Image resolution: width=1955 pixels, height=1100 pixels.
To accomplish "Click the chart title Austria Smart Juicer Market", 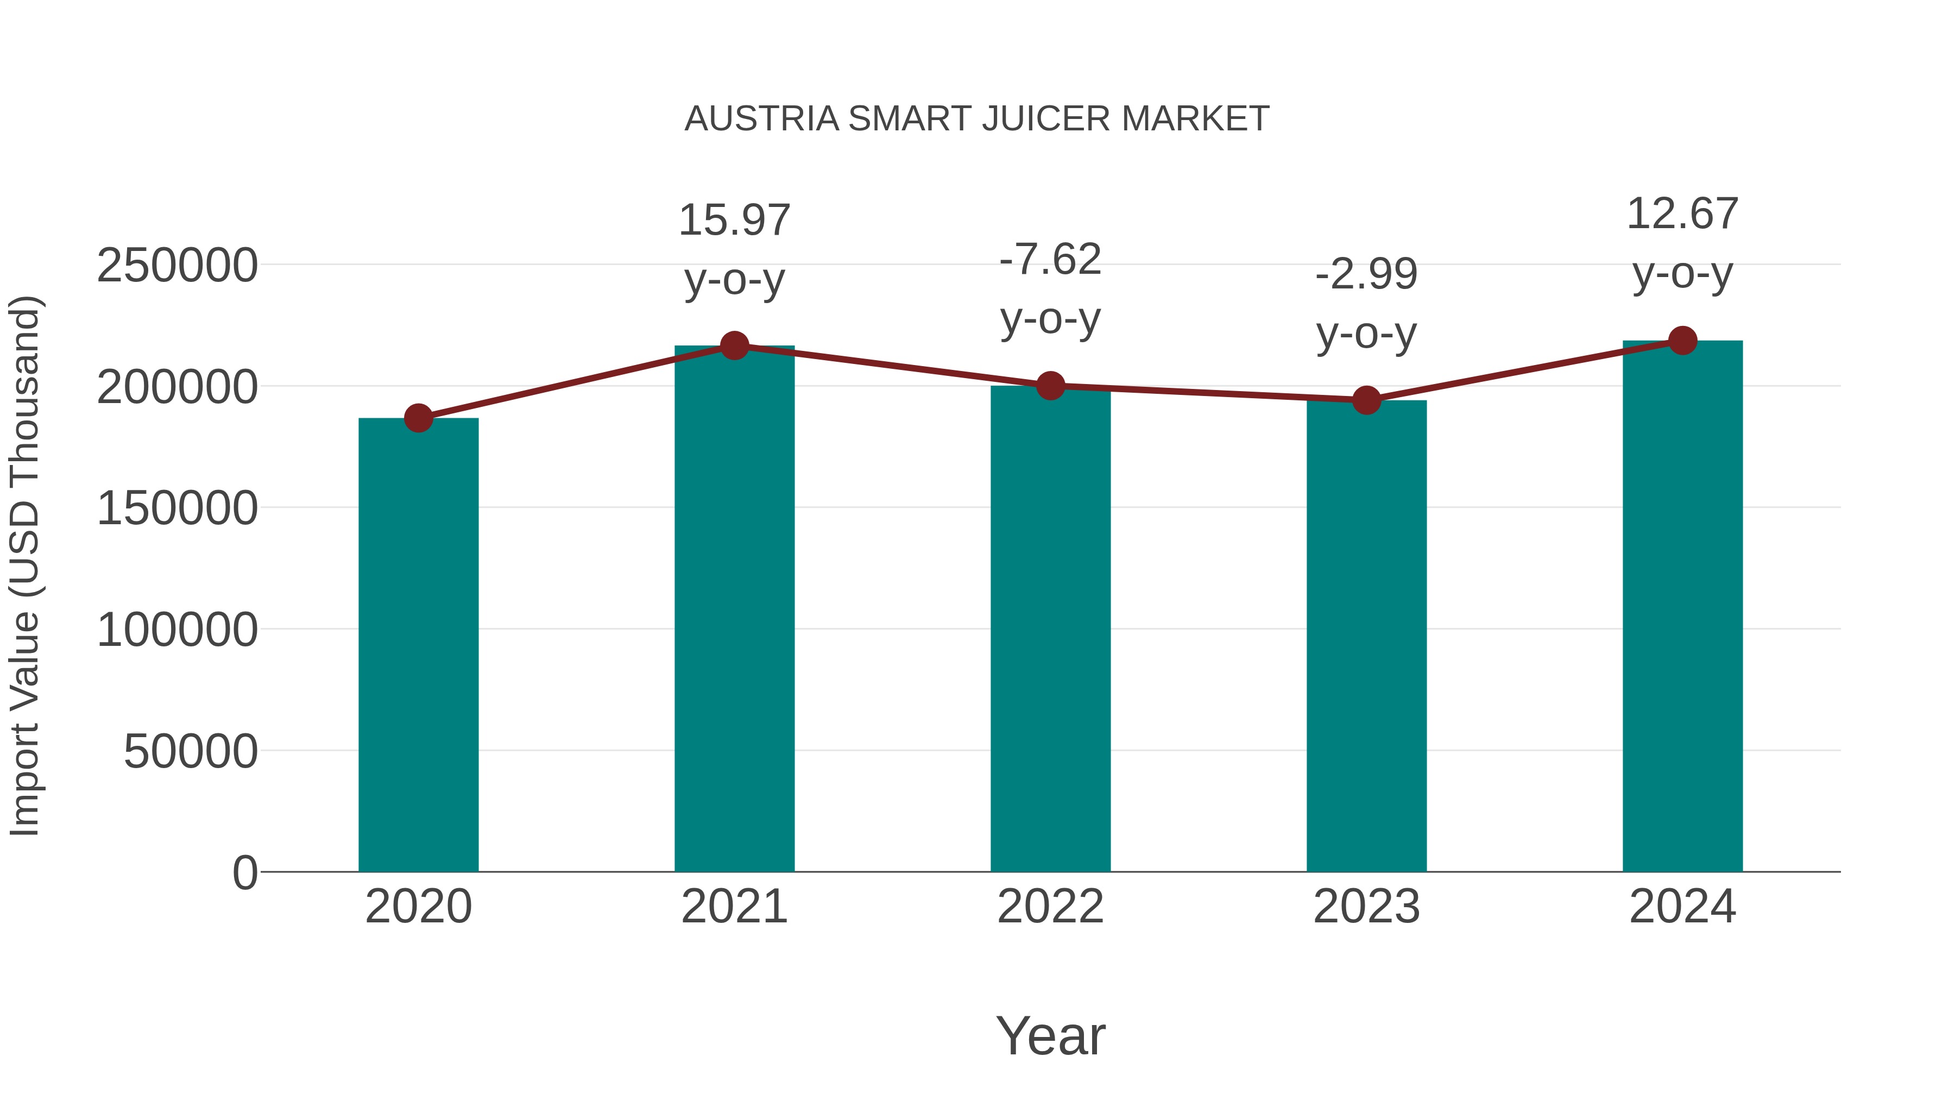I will [977, 119].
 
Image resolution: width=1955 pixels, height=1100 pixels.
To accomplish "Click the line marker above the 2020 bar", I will [418, 418].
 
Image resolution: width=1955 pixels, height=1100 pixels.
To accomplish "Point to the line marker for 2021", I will [734, 345].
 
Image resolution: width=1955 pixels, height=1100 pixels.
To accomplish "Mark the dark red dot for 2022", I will [1050, 386].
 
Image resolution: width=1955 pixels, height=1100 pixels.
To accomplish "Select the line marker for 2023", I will [1366, 399].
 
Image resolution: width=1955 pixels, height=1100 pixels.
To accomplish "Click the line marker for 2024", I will [1682, 341].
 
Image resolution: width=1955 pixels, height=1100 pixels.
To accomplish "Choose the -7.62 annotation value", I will [1050, 260].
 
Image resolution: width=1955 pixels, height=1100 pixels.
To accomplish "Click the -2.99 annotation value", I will [1366, 274].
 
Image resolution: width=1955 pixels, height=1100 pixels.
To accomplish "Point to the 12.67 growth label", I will [1682, 214].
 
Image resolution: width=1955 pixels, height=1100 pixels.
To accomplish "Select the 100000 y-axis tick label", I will [177, 630].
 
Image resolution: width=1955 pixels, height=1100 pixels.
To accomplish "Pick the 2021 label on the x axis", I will [734, 907].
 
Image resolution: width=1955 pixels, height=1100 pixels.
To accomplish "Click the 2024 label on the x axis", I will [1682, 907].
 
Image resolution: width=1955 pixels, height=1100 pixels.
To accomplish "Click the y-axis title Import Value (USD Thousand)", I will [24, 567].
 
